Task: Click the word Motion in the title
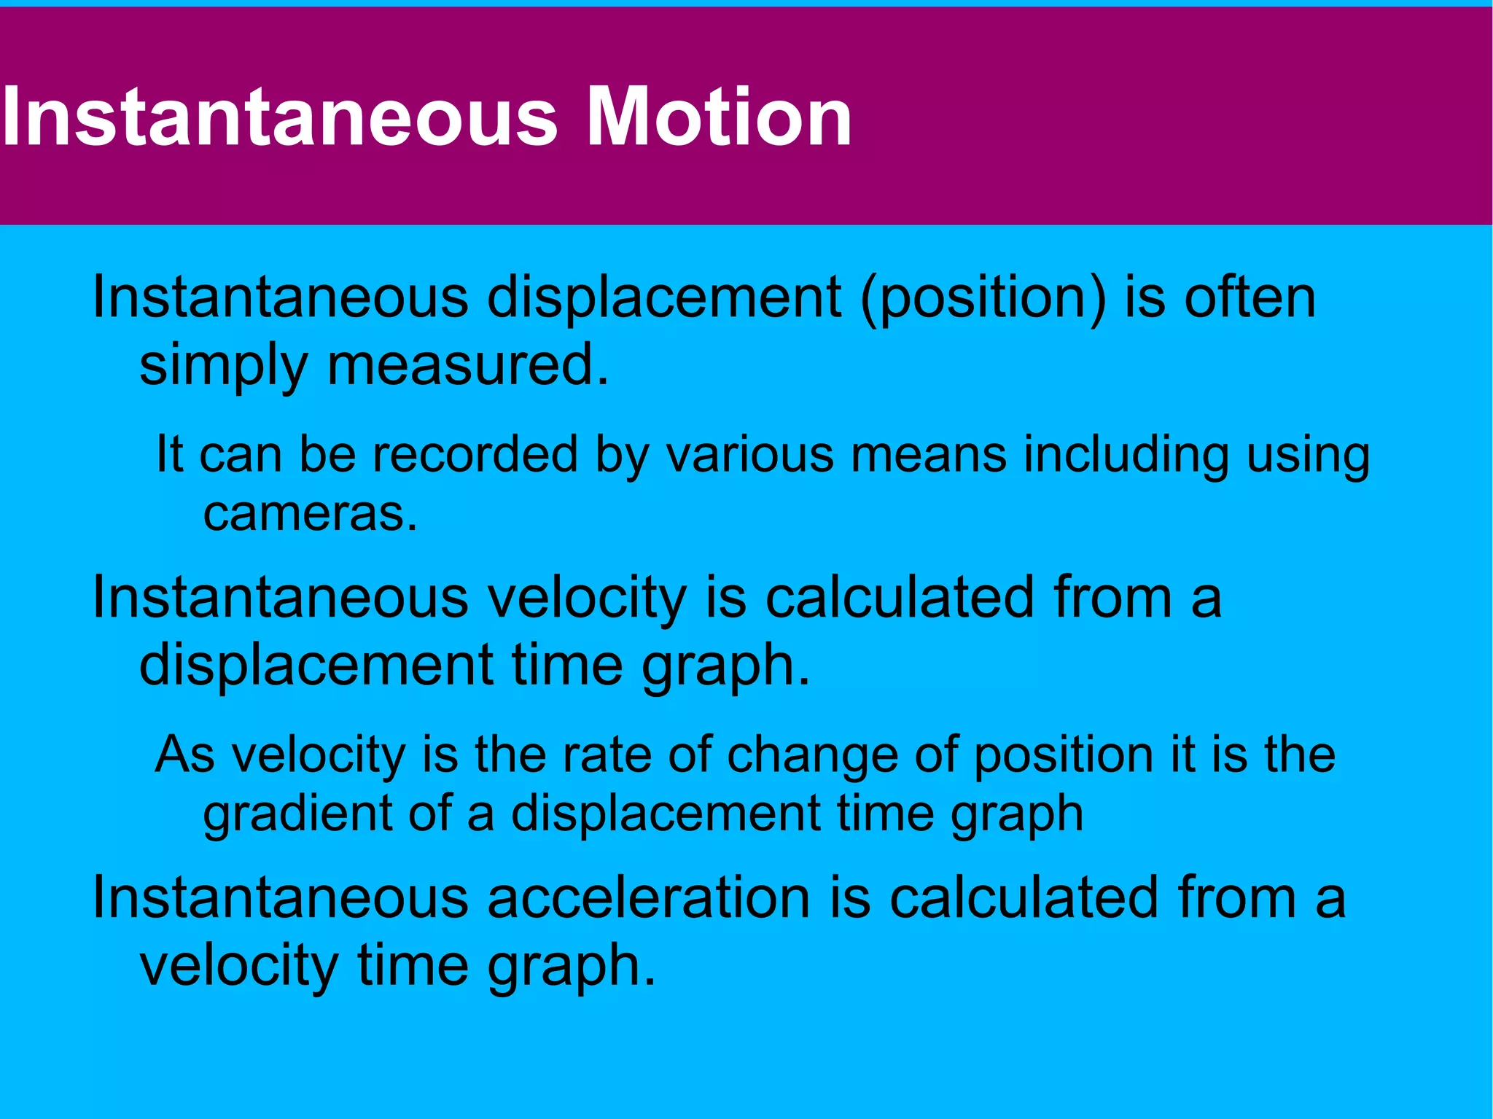point(719,117)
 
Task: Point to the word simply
point(223,367)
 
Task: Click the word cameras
point(310,514)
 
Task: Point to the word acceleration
point(648,897)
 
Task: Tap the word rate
point(607,754)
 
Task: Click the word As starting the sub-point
point(185,754)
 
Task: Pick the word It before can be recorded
point(169,453)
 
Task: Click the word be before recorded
point(327,453)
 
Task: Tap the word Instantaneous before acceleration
point(280,897)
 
